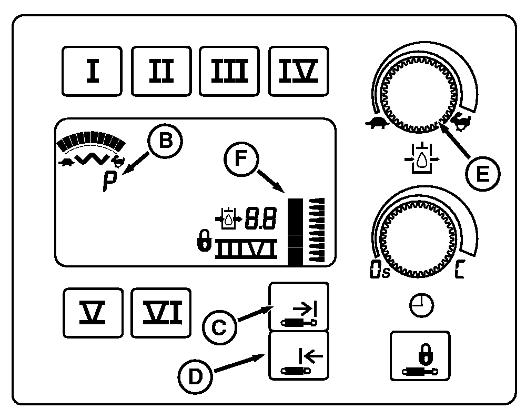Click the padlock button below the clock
click(x=420, y=356)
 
